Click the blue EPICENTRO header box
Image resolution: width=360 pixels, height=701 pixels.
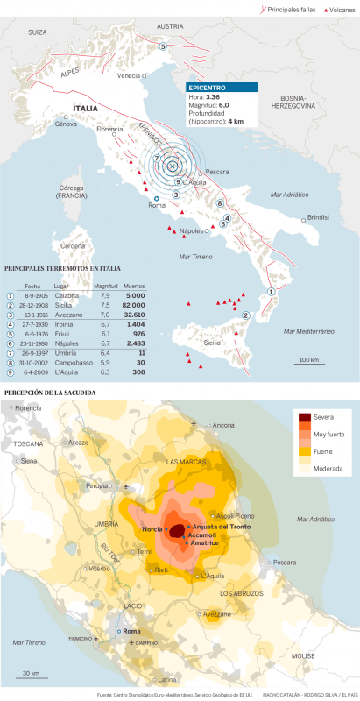coord(222,88)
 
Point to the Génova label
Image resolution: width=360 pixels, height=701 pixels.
coord(66,124)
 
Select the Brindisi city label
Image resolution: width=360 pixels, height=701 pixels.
coord(317,216)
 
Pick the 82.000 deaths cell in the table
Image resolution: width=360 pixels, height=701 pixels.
coord(133,304)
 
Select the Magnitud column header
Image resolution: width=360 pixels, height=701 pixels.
coord(105,286)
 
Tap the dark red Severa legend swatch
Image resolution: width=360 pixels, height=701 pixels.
coord(306,418)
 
